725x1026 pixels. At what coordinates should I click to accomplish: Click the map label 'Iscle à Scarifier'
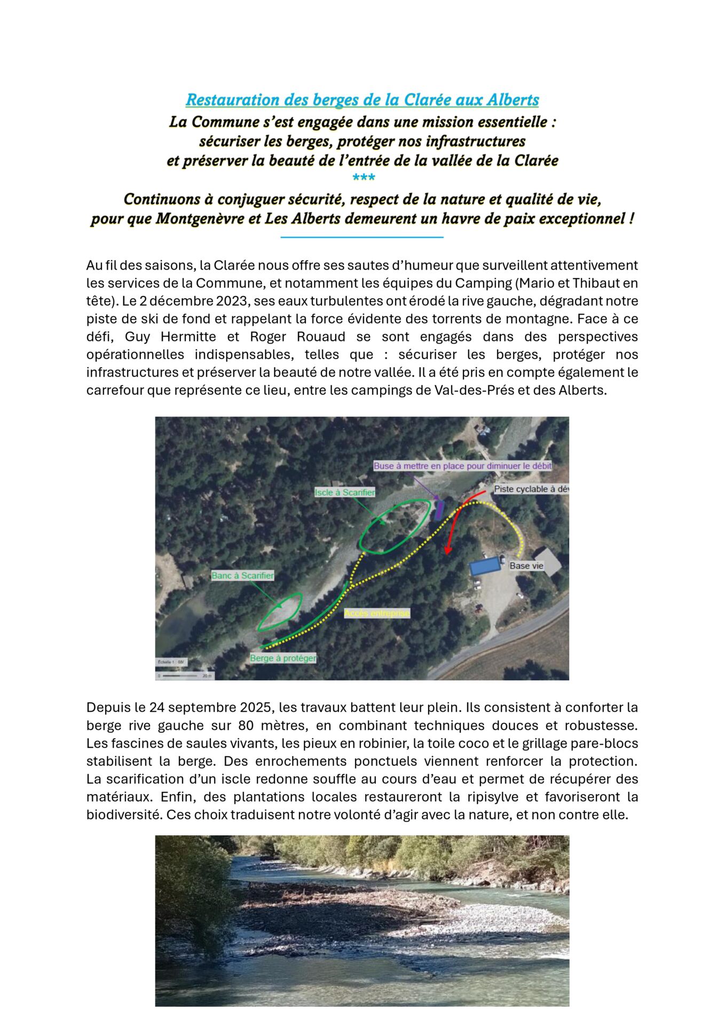(x=344, y=492)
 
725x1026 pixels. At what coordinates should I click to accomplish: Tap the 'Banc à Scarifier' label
(x=242, y=576)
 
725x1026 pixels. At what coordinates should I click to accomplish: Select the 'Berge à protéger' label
(x=283, y=658)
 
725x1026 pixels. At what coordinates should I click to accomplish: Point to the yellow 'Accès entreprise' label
(x=377, y=613)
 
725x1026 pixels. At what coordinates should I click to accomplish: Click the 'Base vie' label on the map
(x=526, y=565)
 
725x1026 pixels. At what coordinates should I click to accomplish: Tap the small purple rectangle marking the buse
(x=439, y=510)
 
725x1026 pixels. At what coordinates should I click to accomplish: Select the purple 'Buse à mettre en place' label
(x=462, y=465)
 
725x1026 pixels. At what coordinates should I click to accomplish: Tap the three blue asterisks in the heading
(x=364, y=178)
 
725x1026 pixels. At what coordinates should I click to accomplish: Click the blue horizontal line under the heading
(x=362, y=237)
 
